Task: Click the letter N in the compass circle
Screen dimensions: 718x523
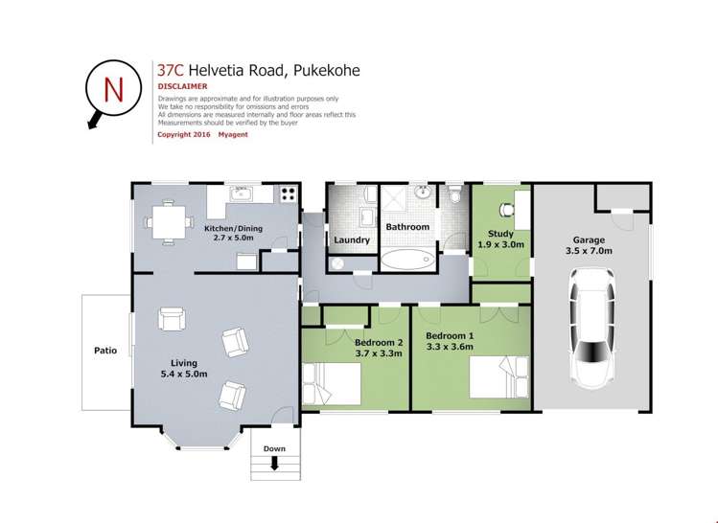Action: (113, 90)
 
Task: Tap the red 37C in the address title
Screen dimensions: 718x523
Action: (171, 71)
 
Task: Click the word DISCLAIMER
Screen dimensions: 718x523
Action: (182, 86)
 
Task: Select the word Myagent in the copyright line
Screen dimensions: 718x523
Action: (233, 134)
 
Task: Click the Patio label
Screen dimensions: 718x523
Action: (105, 351)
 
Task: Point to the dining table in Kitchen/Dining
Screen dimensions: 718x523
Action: (169, 222)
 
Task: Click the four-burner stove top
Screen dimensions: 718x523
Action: (288, 194)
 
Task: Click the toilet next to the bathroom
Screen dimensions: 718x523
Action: (454, 193)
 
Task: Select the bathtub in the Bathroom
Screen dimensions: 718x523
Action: (407, 260)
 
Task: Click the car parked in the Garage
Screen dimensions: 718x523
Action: (592, 328)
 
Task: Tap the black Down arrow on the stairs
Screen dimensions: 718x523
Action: (275, 464)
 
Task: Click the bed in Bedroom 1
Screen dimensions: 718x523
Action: (499, 377)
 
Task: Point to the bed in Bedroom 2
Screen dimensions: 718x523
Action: (332, 383)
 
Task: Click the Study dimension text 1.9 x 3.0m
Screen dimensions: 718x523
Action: (501, 245)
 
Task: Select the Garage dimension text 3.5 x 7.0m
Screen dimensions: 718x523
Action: (589, 251)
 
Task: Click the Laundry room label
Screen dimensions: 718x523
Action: (352, 240)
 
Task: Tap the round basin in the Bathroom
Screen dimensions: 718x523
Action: (423, 193)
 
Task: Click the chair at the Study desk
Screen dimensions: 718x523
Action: (505, 210)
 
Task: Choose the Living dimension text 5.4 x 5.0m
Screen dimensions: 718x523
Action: (184, 374)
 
